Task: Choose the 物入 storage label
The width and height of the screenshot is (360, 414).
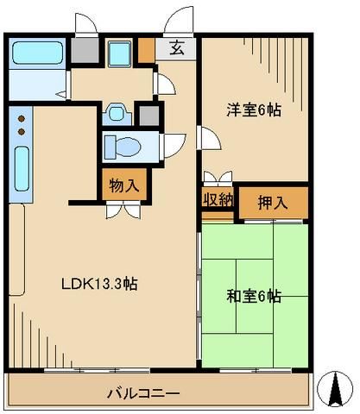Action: [x=121, y=183]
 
